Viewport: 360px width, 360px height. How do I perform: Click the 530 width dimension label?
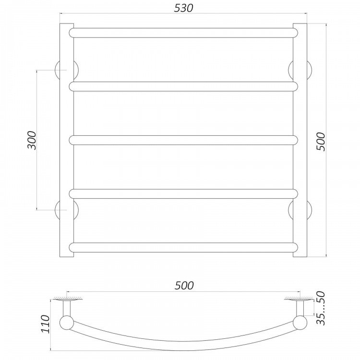(x=184, y=8)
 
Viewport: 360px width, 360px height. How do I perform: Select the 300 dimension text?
(x=32, y=140)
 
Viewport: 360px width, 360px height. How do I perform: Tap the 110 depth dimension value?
(x=45, y=324)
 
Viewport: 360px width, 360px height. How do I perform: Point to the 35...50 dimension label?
(x=321, y=308)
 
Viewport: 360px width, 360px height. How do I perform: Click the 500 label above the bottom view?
(x=184, y=286)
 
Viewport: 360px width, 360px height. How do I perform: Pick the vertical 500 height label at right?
(x=321, y=142)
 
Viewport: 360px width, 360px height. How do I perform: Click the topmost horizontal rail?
(x=183, y=33)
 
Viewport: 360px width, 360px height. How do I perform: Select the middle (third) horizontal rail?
(x=183, y=140)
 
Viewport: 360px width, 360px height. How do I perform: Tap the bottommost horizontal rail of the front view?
(x=183, y=247)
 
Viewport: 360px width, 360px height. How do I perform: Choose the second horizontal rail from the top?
(x=183, y=86)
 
